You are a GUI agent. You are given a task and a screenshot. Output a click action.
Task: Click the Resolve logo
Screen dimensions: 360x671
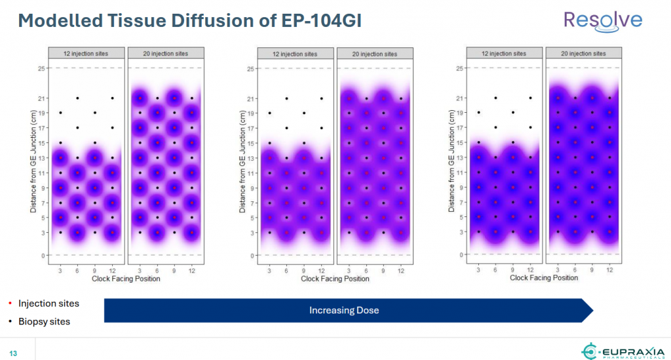603,20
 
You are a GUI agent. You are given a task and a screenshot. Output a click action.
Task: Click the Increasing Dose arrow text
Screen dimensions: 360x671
344,310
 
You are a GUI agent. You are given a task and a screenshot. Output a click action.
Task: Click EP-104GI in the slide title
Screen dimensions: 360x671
305,20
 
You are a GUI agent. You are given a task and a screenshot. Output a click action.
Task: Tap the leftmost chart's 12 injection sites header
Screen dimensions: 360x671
86,53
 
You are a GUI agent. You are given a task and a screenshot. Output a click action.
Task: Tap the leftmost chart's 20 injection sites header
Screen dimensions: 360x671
165,53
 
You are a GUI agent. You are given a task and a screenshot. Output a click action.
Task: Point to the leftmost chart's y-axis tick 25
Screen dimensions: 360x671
40,68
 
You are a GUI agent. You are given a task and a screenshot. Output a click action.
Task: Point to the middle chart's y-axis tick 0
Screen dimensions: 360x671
251,255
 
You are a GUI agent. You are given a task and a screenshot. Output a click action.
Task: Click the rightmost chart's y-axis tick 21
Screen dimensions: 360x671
460,98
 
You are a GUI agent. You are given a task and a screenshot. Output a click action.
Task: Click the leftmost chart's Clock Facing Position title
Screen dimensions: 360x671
126,279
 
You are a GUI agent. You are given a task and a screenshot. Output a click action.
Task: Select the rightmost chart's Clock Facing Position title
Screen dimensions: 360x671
544,278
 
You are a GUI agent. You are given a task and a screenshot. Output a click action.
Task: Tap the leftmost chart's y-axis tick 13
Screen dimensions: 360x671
40,157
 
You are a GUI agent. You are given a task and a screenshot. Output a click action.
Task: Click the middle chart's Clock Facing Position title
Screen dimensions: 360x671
335,279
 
